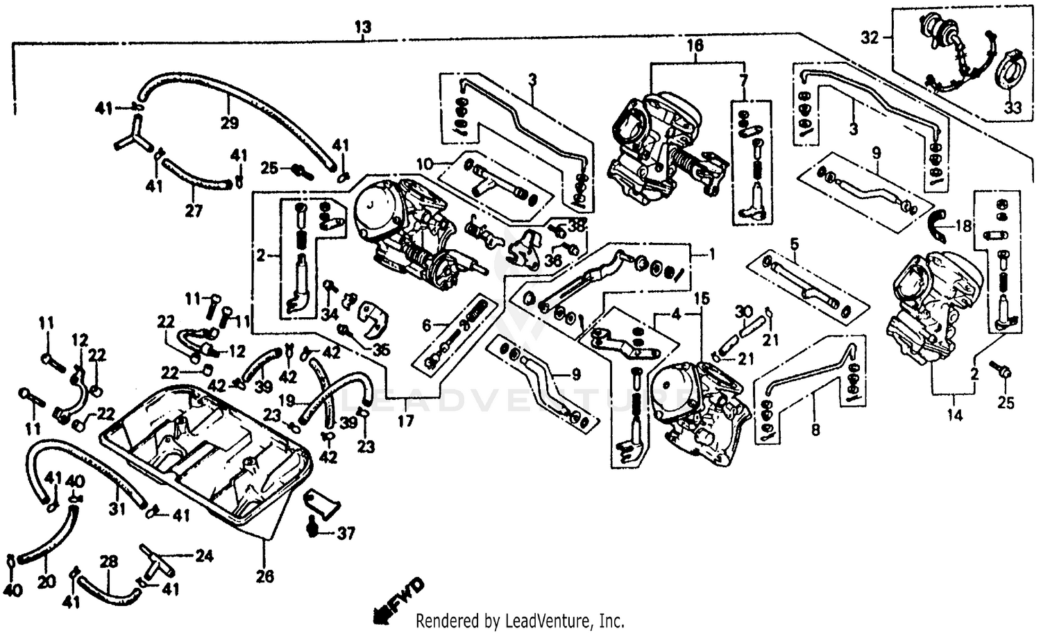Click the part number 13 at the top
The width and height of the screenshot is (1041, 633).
pyautogui.click(x=362, y=28)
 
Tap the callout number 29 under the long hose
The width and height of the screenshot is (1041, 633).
pyautogui.click(x=230, y=124)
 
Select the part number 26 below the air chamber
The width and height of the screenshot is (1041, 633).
pyautogui.click(x=265, y=576)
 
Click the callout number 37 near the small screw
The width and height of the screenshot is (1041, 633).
pyautogui.click(x=346, y=534)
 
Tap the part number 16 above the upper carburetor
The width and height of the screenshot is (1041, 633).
pyautogui.click(x=695, y=46)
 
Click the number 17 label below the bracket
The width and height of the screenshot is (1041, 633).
pyautogui.click(x=405, y=421)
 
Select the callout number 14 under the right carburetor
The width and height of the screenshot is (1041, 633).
pyautogui.click(x=956, y=416)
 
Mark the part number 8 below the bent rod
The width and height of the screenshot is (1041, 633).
pyautogui.click(x=815, y=430)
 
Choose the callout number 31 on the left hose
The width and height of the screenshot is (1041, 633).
pyautogui.click(x=117, y=509)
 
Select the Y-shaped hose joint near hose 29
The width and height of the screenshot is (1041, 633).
pyautogui.click(x=129, y=135)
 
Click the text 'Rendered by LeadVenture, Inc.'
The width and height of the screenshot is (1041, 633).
pyautogui.click(x=520, y=620)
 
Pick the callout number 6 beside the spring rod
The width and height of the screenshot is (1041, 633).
pyautogui.click(x=427, y=325)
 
